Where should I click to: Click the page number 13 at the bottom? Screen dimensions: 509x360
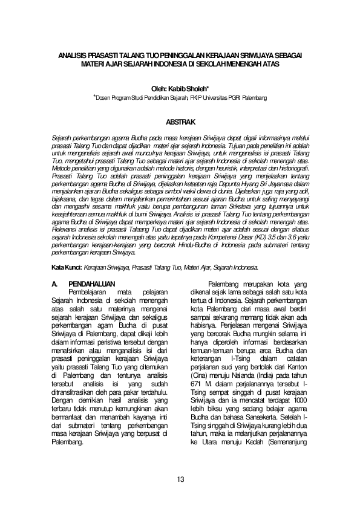point(180,480)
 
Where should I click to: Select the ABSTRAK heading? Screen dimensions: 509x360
point(180,123)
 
